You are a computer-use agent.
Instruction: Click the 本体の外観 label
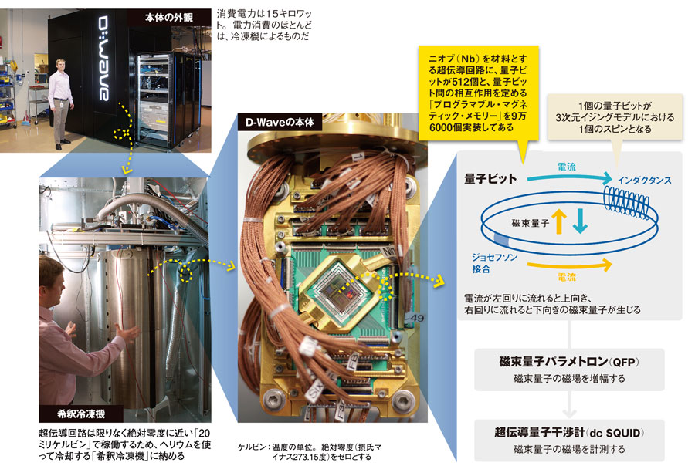click(169, 18)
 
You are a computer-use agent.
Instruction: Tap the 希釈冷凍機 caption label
click(81, 414)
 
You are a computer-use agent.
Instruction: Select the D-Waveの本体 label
click(280, 122)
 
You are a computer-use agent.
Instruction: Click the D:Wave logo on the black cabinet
click(103, 59)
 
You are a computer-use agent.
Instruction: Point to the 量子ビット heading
click(490, 178)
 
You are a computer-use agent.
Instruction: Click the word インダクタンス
click(645, 181)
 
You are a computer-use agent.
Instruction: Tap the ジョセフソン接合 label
click(493, 263)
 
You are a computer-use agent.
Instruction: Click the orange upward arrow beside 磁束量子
click(559, 221)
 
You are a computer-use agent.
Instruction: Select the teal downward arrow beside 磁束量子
click(580, 221)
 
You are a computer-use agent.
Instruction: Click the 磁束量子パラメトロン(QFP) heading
click(569, 362)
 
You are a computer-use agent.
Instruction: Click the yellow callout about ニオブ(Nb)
click(479, 93)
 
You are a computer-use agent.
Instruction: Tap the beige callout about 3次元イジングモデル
click(615, 117)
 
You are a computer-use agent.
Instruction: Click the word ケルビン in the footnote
click(252, 447)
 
